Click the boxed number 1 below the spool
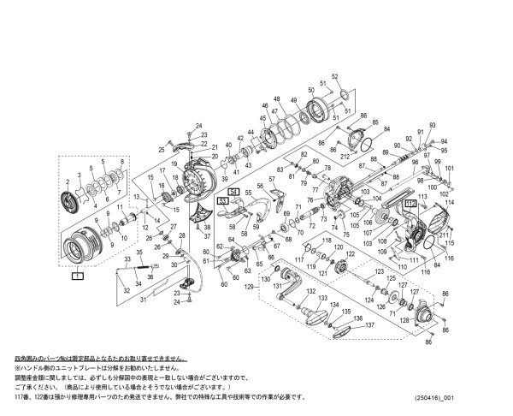click(77, 276)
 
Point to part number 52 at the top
click(335, 76)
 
